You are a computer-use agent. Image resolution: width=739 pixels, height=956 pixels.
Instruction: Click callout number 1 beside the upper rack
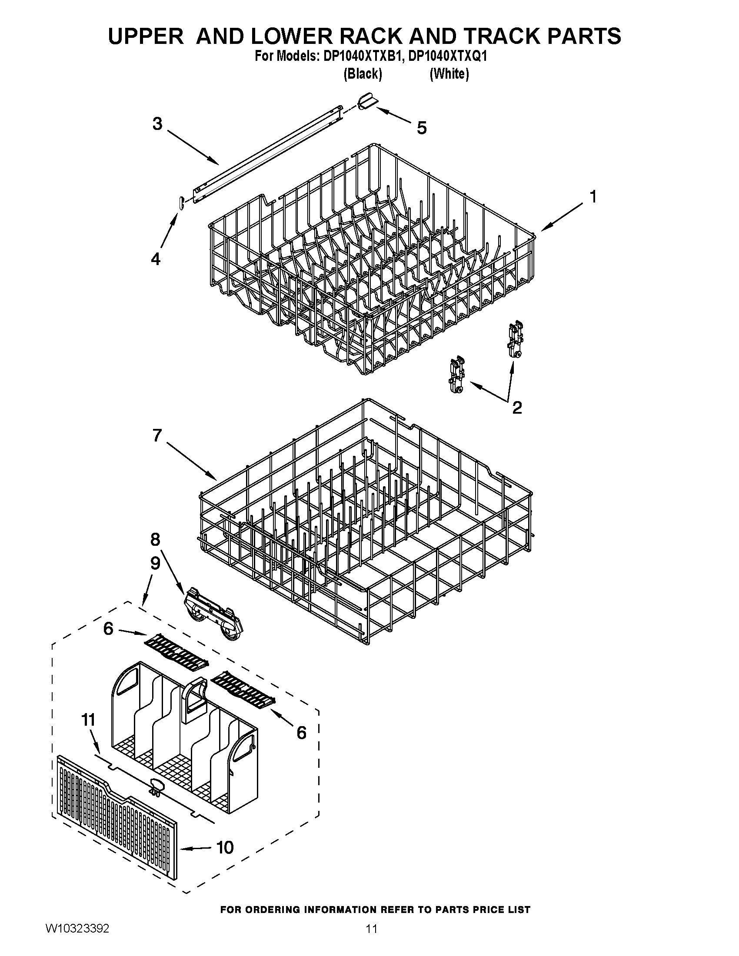(x=593, y=197)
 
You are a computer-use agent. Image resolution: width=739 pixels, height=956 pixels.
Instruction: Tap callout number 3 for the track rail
(x=157, y=124)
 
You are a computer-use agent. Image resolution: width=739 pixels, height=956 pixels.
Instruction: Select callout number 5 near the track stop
(x=421, y=128)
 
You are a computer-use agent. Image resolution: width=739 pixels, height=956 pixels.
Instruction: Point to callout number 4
(x=156, y=259)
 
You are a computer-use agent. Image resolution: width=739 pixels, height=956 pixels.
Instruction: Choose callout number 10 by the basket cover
(x=225, y=848)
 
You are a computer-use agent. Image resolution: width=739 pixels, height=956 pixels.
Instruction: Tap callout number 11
(x=88, y=720)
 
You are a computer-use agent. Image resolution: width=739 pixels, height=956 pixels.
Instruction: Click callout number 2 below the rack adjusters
(x=516, y=408)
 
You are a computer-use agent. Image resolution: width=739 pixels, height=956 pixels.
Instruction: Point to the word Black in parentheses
(x=363, y=74)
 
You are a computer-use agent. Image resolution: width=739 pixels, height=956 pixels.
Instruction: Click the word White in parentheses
(x=449, y=74)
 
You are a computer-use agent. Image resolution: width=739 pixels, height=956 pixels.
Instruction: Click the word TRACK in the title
(x=494, y=36)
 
